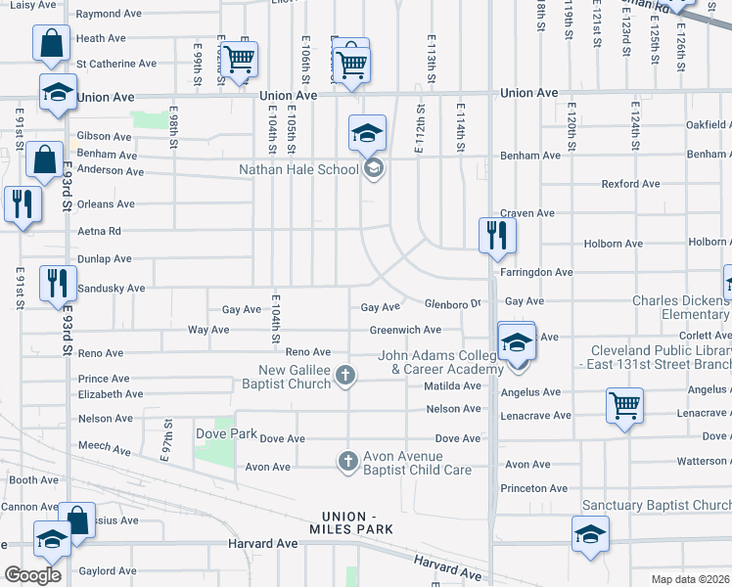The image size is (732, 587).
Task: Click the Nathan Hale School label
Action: (x=299, y=169)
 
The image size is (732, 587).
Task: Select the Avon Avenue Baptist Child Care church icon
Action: (x=347, y=461)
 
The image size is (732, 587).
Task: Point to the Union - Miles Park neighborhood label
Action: (x=358, y=522)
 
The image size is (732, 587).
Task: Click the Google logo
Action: (x=33, y=574)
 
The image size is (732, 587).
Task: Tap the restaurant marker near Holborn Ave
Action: (x=497, y=235)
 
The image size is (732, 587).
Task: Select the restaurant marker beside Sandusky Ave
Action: (x=59, y=283)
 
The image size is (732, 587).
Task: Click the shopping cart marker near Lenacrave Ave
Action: (x=624, y=405)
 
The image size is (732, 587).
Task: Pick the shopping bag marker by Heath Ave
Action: (x=51, y=44)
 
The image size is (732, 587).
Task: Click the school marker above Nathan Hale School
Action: (x=368, y=132)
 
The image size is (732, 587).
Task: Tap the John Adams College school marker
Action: (x=516, y=342)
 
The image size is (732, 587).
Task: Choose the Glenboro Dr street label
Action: (x=454, y=302)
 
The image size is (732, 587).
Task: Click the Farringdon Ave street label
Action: (x=536, y=272)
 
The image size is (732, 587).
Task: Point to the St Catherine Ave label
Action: (x=116, y=64)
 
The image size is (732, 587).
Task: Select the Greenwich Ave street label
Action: (x=405, y=330)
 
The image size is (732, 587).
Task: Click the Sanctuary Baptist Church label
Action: (x=656, y=506)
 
